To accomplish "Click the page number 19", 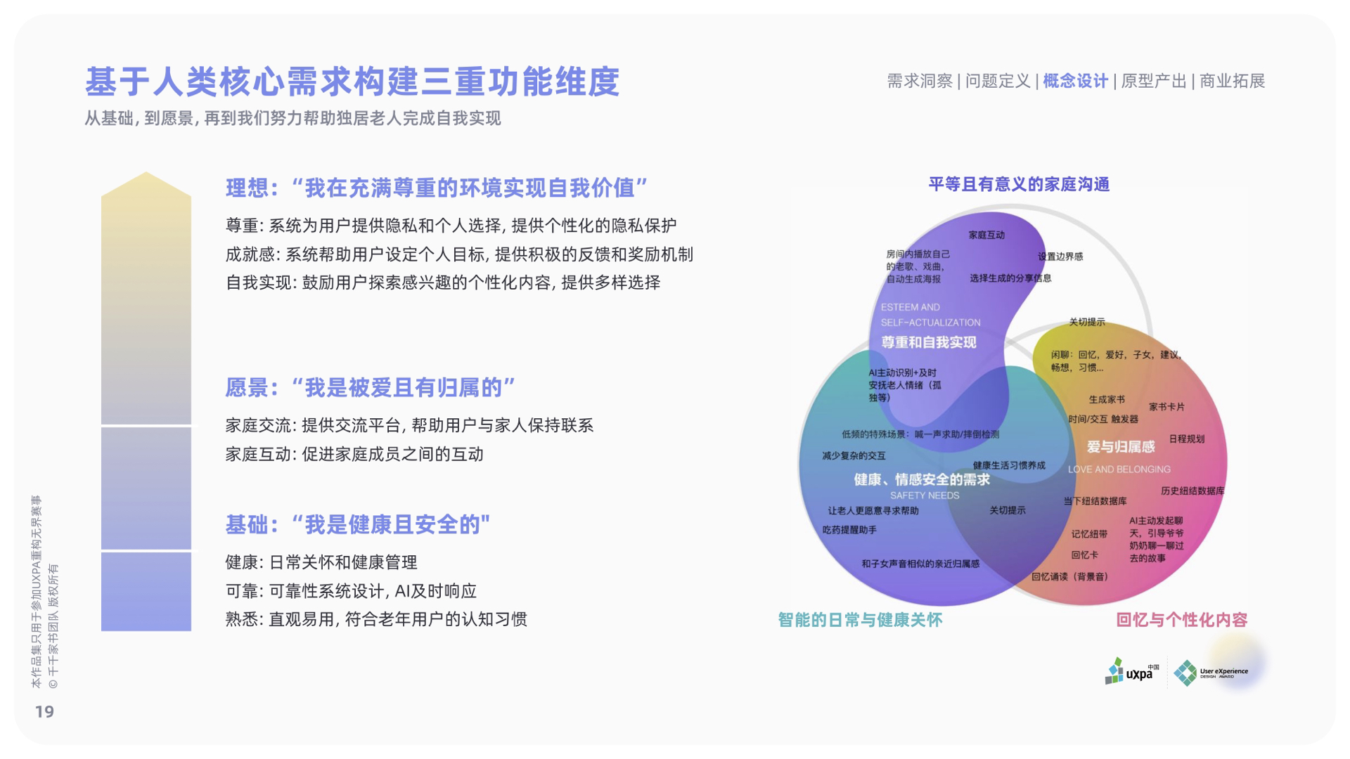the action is (44, 712).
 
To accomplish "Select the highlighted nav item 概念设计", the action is (1075, 82).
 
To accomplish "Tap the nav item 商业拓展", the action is (1232, 82).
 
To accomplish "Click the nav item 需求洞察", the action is (919, 82).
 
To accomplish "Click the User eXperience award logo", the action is (1211, 673).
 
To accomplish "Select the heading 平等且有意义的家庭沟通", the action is (1019, 185).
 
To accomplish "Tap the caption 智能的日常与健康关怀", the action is (860, 620).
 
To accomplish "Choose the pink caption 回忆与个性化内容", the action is (1181, 620).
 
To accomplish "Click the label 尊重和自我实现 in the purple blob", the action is (928, 342).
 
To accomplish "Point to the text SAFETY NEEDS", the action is (925, 495).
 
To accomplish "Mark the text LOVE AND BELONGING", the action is (1119, 469).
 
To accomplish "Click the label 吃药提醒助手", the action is (849, 530).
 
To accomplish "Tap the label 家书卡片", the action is (1166, 407).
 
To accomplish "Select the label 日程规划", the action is (1187, 439).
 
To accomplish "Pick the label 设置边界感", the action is (1060, 257).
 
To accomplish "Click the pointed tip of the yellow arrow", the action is (146, 172).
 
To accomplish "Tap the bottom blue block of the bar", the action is (146, 592).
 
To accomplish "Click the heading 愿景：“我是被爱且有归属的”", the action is (371, 387).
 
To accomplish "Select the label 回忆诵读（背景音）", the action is (1069, 577).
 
